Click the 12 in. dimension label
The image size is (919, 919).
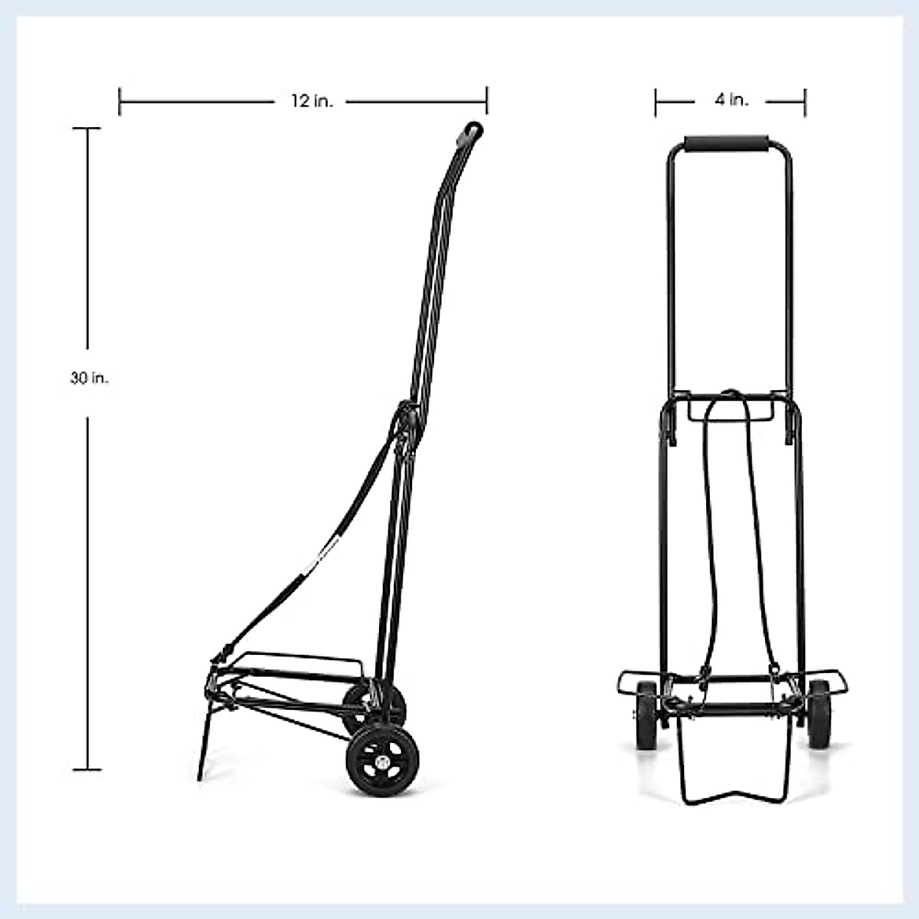pyautogui.click(x=312, y=101)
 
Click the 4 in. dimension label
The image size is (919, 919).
pyautogui.click(x=731, y=100)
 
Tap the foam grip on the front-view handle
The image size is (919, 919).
pyautogui.click(x=729, y=145)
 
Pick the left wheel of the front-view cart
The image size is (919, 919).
pyautogui.click(x=645, y=714)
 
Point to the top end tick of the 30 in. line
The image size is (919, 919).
pyautogui.click(x=87, y=129)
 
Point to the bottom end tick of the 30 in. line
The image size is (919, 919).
pyautogui.click(x=87, y=769)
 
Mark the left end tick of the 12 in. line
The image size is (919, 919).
pyautogui.click(x=119, y=101)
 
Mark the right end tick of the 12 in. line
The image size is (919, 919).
pyautogui.click(x=487, y=101)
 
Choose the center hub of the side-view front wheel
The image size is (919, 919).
pyautogui.click(x=382, y=762)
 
